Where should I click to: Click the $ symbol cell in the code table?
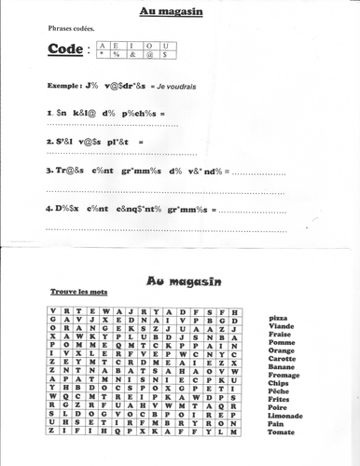164,56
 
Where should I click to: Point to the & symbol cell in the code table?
132,56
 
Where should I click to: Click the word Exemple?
63,86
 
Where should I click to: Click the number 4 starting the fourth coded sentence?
48,206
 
